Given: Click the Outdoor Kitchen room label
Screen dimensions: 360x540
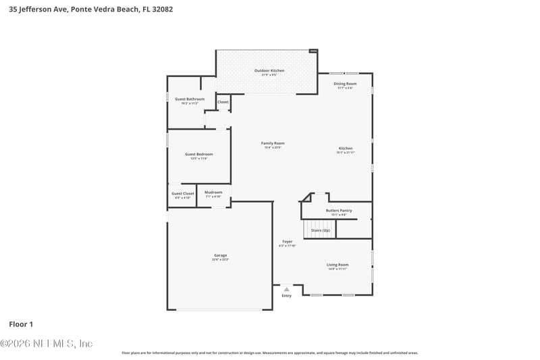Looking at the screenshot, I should pos(269,70).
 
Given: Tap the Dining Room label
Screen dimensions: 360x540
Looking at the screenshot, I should pos(345,84).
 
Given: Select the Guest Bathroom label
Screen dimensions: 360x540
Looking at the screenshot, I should pos(185,99).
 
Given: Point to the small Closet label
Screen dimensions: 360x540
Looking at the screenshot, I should pos(223,102).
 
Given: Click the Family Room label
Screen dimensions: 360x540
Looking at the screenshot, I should pos(273,143).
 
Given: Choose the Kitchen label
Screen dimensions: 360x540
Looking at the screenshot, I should pos(345,149).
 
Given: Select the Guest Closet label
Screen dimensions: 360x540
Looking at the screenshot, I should pos(182,194).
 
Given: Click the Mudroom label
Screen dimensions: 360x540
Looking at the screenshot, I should pos(213,192).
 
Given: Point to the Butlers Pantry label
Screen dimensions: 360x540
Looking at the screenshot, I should pos(339,211).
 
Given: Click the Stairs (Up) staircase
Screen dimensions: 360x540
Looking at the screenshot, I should pos(320,230).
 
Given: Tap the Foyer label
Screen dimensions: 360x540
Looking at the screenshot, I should pos(287,242).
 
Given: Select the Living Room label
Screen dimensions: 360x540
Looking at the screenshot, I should pos(337,265).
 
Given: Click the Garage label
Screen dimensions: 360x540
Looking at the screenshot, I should pos(220,255).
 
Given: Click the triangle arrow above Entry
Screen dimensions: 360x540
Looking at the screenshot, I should pos(287,289).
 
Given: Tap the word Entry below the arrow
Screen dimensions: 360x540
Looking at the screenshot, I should pos(287,296).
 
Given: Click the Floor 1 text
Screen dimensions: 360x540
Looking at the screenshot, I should pos(21,324).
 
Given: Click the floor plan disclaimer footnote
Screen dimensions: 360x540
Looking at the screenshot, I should pos(269,353).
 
